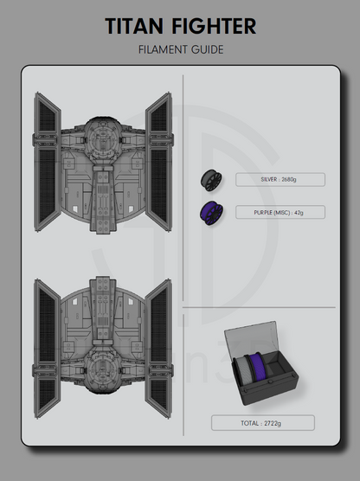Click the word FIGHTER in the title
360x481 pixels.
(214, 27)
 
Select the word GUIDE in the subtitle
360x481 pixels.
(209, 49)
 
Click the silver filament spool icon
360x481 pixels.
(210, 180)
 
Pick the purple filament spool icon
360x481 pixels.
(210, 211)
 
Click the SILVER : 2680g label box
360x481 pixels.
(280, 180)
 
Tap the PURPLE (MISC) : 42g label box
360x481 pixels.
(280, 211)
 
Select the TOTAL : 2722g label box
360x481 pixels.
(262, 423)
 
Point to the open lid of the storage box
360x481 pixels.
(251, 337)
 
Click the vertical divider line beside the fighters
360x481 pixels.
(183, 260)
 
